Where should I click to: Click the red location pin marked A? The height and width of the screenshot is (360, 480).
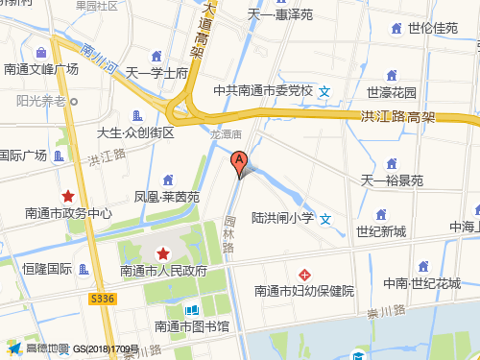239,162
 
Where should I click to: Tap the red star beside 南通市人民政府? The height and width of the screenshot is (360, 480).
163,253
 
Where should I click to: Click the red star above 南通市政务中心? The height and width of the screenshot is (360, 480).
68,196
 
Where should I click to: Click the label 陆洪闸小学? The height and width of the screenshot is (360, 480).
283,219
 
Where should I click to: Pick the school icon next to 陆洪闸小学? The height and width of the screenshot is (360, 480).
326,219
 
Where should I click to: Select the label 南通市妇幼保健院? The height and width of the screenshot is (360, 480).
304,291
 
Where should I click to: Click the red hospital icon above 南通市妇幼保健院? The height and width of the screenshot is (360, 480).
304,275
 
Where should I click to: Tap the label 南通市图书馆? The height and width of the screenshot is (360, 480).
192,326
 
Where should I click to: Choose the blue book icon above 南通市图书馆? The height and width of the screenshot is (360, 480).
192,310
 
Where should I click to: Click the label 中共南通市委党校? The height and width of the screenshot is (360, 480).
263,91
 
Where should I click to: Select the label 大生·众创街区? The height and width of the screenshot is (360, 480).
135,132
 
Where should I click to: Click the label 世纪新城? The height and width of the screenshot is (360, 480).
381,231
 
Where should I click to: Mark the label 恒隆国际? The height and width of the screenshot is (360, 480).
47,269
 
